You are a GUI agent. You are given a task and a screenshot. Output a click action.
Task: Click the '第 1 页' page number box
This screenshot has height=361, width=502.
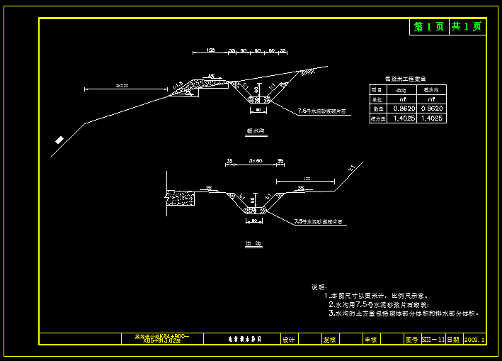pyautogui.click(x=429, y=27)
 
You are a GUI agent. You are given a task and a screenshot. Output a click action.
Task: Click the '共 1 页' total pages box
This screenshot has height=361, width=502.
pyautogui.click(x=467, y=27)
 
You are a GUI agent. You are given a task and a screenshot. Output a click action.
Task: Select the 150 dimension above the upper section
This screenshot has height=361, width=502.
pyautogui.click(x=210, y=50)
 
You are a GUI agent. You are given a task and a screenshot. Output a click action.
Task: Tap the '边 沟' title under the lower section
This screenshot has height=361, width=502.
pyautogui.click(x=253, y=244)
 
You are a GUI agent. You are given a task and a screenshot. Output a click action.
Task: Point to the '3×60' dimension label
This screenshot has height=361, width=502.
pyautogui.click(x=256, y=162)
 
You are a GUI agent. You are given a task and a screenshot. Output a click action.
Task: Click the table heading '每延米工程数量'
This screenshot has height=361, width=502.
pyautogui.click(x=405, y=79)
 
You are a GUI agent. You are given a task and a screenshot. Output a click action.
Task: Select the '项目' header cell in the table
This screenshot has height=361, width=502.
pyautogui.click(x=377, y=90)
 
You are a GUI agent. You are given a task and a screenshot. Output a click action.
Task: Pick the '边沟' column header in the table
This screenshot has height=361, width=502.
pyautogui.click(x=401, y=90)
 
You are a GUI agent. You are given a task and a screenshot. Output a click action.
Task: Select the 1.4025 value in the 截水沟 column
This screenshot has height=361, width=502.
pyautogui.click(x=431, y=118)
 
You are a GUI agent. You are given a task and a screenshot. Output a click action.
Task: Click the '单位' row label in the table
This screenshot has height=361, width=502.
pyautogui.click(x=377, y=99)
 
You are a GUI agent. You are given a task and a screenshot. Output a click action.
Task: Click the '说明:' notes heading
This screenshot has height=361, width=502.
pyautogui.click(x=319, y=287)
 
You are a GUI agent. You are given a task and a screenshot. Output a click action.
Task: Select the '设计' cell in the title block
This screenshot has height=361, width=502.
pyautogui.click(x=288, y=340)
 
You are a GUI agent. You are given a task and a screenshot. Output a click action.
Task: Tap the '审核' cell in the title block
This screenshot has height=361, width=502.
pyautogui.click(x=370, y=340)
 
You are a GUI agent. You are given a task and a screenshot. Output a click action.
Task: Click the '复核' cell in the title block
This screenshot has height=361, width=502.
pyautogui.click(x=329, y=340)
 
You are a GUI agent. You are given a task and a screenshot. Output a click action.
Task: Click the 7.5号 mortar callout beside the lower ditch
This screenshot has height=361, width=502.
pyautogui.click(x=319, y=222)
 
